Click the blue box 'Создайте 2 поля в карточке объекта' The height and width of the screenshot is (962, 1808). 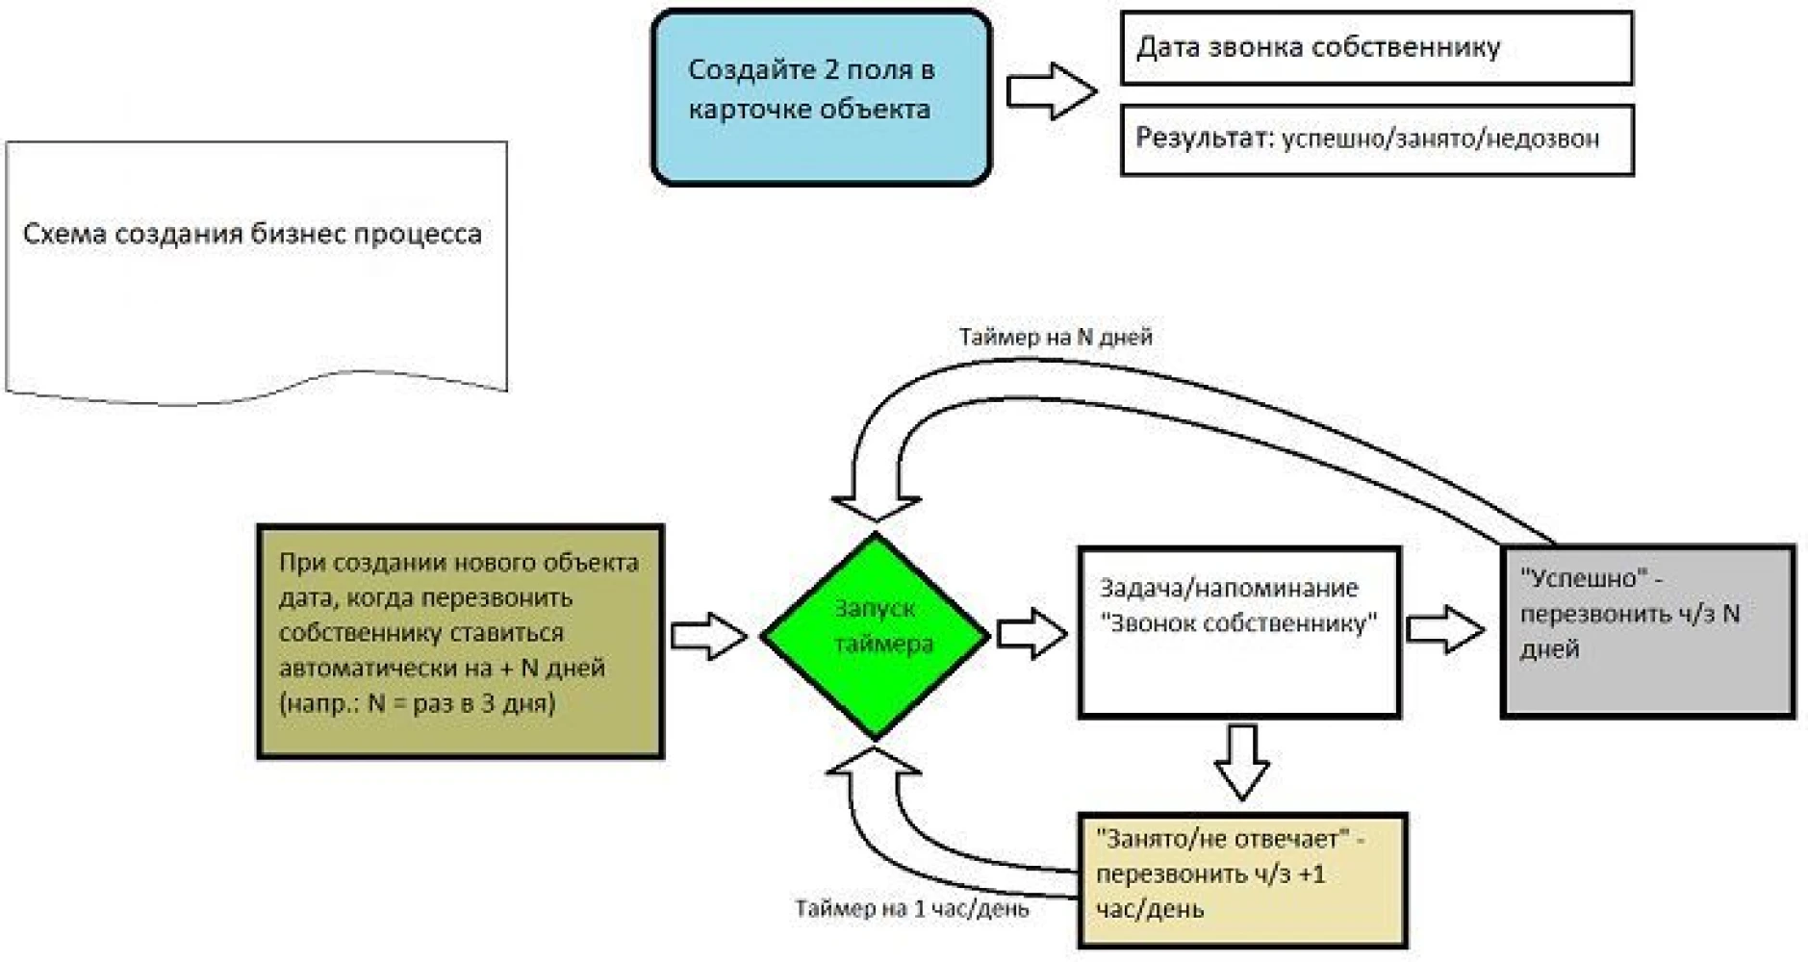pos(821,96)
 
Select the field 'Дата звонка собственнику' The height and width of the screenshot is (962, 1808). pos(1376,48)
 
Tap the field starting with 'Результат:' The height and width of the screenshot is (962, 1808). pos(1377,140)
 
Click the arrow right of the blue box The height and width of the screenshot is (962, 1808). pos(1052,91)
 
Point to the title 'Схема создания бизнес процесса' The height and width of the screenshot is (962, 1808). pos(252,234)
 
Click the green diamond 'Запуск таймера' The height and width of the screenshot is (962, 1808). pos(875,636)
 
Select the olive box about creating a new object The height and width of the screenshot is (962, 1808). pos(460,642)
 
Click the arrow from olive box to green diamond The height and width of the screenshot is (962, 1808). pos(708,636)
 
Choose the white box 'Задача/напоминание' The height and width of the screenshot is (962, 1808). pos(1238,632)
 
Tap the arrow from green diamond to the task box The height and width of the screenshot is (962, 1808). pos(1031,633)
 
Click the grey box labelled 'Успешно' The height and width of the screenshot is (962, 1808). pos(1647,631)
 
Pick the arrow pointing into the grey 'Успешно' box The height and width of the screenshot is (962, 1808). pos(1445,630)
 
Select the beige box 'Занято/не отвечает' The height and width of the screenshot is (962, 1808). pos(1242,880)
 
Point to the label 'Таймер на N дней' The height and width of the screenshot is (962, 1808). pos(1055,337)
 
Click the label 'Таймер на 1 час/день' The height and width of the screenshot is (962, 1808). pos(911,908)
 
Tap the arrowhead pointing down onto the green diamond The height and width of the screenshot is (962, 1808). pos(875,509)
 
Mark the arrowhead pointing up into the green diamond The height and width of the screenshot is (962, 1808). pos(874,762)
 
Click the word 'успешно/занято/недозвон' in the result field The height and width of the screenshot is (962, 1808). pos(1440,139)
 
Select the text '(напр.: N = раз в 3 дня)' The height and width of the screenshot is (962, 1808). pos(417,703)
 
